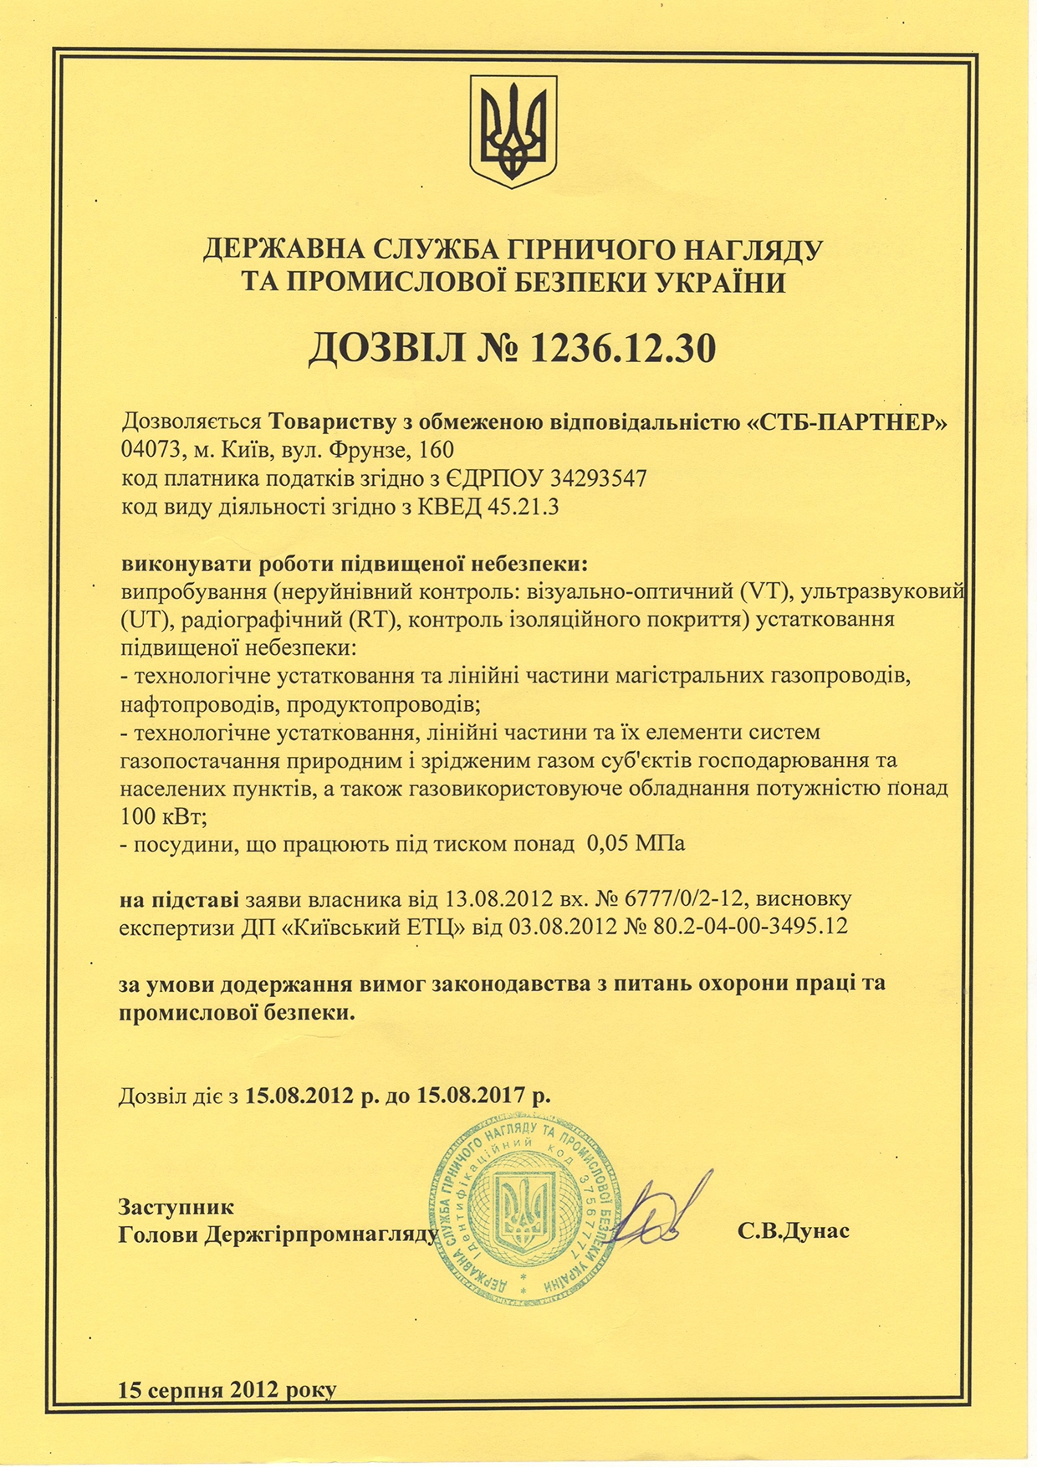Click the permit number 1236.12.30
622,349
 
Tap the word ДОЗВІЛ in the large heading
386,349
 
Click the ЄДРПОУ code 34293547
599,478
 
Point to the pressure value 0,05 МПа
636,843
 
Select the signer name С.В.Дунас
794,1231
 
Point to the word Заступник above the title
176,1207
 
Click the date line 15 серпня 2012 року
227,1391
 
